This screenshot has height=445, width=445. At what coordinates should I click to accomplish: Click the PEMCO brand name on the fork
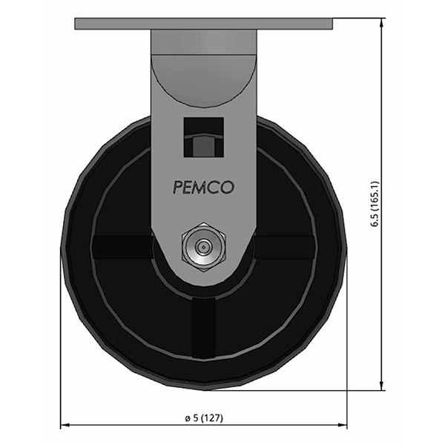203,188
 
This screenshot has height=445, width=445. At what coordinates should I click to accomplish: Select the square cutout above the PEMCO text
203,137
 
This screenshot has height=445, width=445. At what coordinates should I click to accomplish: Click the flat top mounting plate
203,24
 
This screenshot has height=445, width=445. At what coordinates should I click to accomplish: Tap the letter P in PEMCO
177,188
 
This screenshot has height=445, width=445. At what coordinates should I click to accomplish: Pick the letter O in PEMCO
228,188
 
